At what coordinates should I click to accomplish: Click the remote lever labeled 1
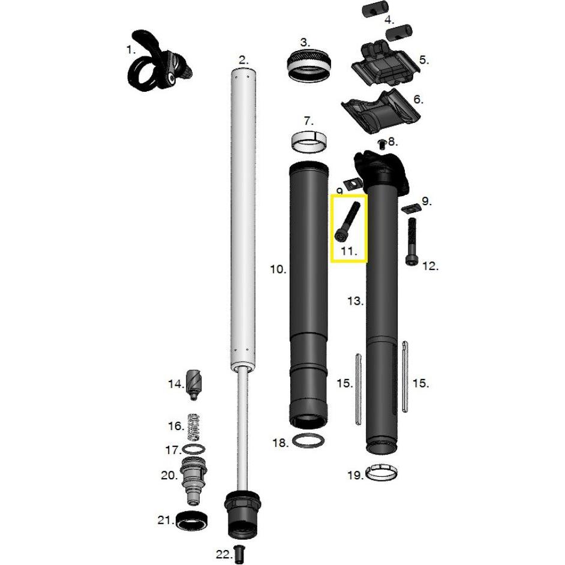tap(157, 63)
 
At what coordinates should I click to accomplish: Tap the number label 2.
tap(243, 60)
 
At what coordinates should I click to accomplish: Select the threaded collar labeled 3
tap(309, 65)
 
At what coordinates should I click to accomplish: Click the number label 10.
tap(278, 270)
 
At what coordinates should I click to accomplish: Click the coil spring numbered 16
tap(193, 426)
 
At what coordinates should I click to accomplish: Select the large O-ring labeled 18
tap(310, 441)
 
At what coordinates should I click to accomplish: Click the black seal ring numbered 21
tap(192, 520)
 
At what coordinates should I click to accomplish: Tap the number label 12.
tap(431, 266)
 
